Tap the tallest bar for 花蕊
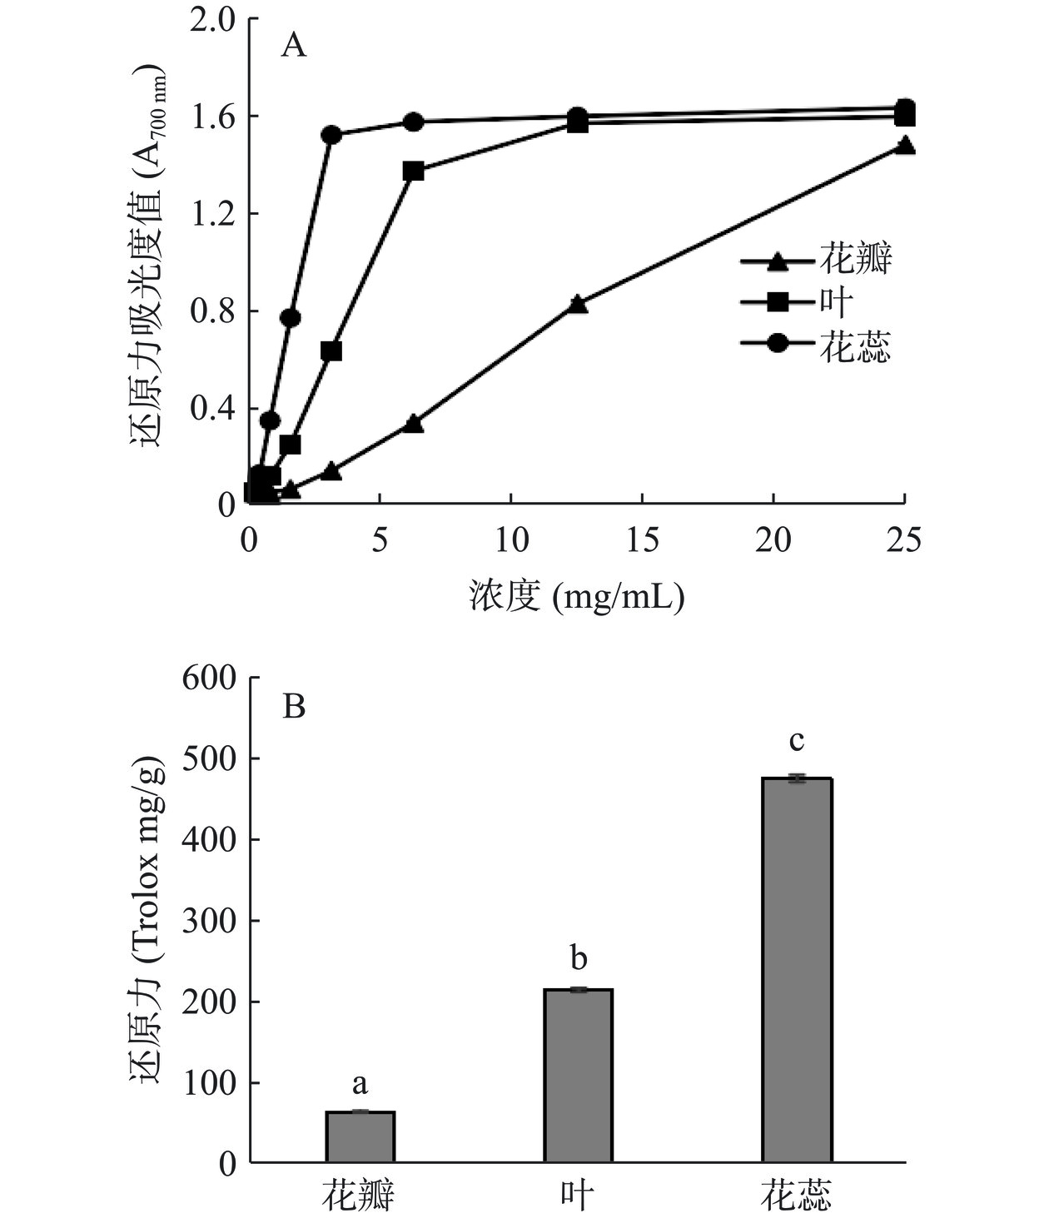point(797,970)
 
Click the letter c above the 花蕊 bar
point(797,740)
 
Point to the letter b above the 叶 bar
point(579,958)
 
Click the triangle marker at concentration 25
point(905,147)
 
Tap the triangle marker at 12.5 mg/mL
point(579,304)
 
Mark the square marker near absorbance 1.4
point(413,172)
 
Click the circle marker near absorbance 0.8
point(290,317)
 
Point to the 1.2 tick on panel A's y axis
point(213,213)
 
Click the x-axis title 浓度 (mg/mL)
point(576,596)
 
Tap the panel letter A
point(293,45)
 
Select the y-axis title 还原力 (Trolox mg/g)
point(148,920)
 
